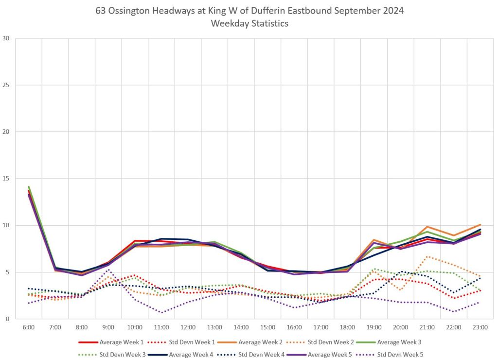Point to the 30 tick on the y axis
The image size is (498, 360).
pyautogui.click(x=6, y=38)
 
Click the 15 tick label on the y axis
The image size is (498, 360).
pyautogui.click(x=6, y=179)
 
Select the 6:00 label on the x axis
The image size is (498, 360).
pyautogui.click(x=29, y=327)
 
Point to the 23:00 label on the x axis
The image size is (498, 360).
pyautogui.click(x=480, y=327)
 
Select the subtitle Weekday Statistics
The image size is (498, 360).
pyautogui.click(x=249, y=23)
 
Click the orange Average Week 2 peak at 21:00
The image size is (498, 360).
pyautogui.click(x=427, y=227)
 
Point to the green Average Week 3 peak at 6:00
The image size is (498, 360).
pyautogui.click(x=29, y=187)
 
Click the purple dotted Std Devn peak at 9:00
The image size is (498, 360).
pyautogui.click(x=108, y=270)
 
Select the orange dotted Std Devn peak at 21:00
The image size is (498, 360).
pyautogui.click(x=427, y=256)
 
